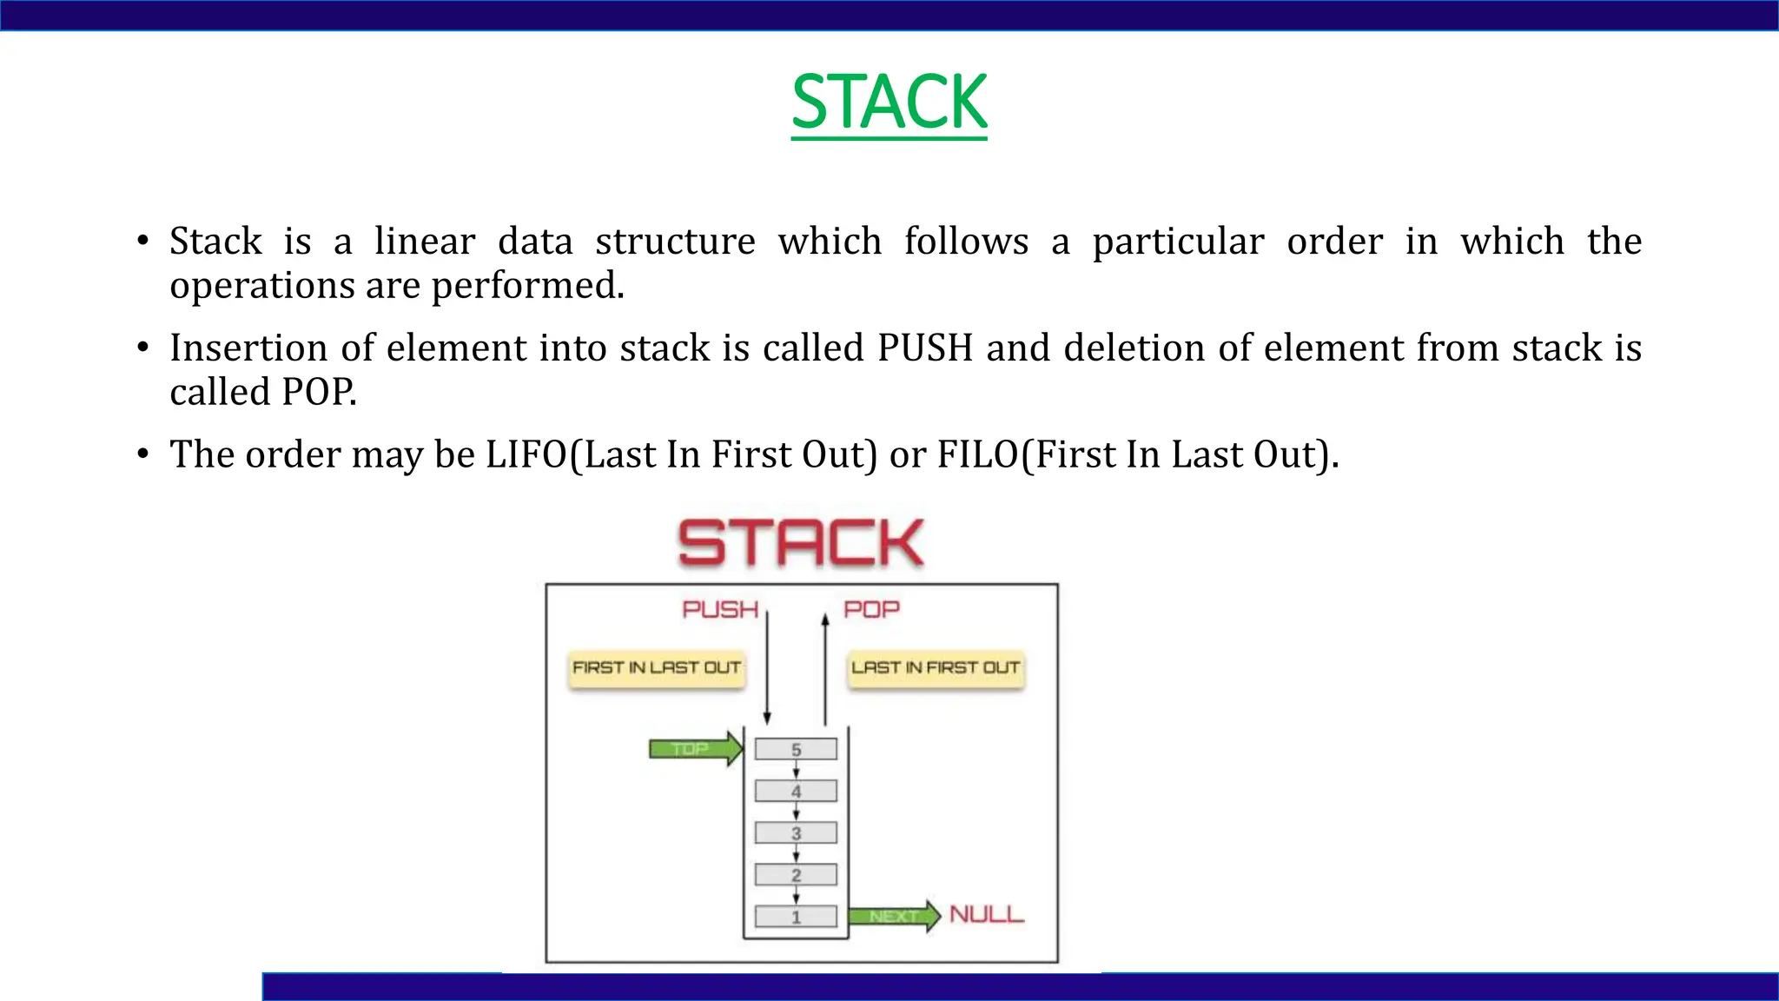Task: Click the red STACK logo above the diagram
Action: pyautogui.click(x=800, y=543)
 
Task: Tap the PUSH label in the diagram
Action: pyautogui.click(x=720, y=610)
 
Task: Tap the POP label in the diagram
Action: pyautogui.click(x=871, y=610)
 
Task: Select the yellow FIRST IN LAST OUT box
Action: pyautogui.click(x=657, y=668)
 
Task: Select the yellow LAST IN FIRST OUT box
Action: pyautogui.click(x=936, y=668)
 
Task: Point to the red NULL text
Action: pyautogui.click(x=987, y=915)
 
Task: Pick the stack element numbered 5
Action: pyautogui.click(x=796, y=749)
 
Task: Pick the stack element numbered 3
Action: pyautogui.click(x=796, y=832)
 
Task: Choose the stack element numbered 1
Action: pyautogui.click(x=796, y=917)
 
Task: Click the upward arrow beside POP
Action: pyautogui.click(x=825, y=669)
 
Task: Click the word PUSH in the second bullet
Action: pyautogui.click(x=924, y=348)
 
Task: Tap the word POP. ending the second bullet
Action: pyautogui.click(x=319, y=393)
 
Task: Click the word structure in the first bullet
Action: pyautogui.click(x=675, y=242)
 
